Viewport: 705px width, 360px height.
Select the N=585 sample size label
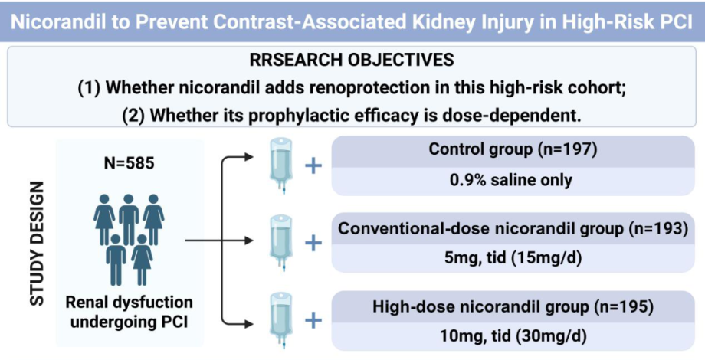point(129,162)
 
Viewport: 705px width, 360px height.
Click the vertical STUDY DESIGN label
point(38,244)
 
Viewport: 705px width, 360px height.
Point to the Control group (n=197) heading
point(513,149)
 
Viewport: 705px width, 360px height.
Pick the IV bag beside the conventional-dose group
point(281,243)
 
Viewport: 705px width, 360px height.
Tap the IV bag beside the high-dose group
point(281,320)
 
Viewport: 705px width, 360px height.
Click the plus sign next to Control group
point(313,166)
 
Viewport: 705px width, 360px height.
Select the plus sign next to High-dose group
point(313,321)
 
